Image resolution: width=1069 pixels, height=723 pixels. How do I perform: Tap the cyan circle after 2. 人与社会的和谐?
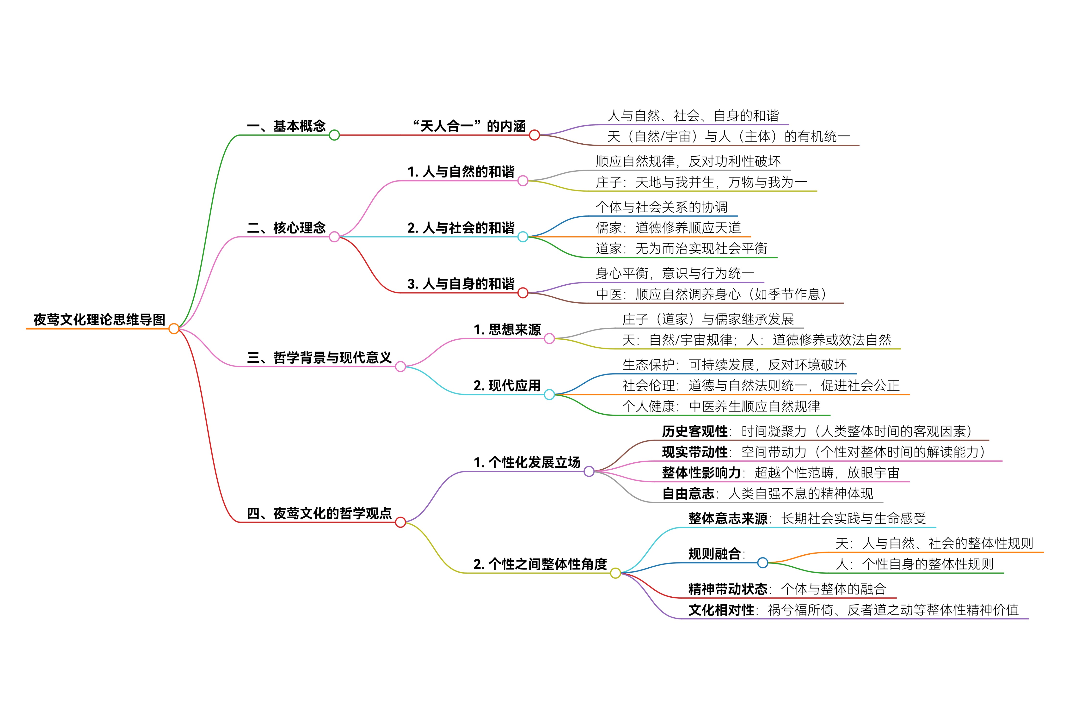(x=522, y=237)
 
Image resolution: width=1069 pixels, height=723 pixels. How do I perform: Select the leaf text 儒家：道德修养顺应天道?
(x=668, y=228)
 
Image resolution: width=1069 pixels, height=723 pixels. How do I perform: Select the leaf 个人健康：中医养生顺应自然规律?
(x=721, y=406)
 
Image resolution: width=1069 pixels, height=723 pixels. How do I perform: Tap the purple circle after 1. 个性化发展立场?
(x=589, y=472)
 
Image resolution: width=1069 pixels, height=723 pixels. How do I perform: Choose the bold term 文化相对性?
(x=721, y=610)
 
